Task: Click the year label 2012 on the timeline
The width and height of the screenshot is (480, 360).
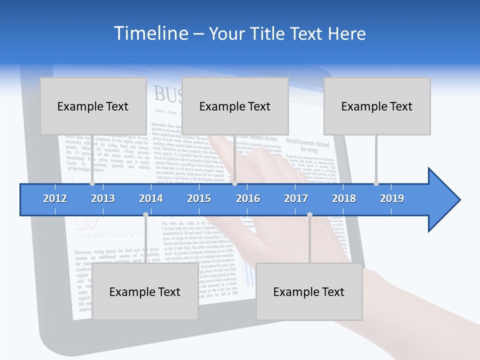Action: (x=55, y=198)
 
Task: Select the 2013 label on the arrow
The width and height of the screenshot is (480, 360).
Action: (x=103, y=198)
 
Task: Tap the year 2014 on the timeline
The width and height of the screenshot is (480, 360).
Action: (x=151, y=198)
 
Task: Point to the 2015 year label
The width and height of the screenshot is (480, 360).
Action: (x=199, y=198)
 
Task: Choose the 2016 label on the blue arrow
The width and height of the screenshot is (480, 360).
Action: (x=248, y=198)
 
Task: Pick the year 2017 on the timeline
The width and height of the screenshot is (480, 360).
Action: (x=296, y=198)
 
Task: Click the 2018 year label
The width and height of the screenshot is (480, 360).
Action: (x=344, y=198)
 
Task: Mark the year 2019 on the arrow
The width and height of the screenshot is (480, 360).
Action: (x=392, y=198)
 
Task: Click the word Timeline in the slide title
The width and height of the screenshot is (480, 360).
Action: (x=149, y=33)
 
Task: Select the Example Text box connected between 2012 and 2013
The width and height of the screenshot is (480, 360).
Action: (x=93, y=106)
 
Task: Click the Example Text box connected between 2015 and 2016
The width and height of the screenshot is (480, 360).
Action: (x=235, y=106)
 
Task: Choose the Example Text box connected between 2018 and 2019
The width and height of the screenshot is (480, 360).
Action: (x=377, y=106)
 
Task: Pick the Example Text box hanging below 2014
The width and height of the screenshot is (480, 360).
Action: (x=145, y=291)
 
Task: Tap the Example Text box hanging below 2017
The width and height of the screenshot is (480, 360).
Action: (x=309, y=291)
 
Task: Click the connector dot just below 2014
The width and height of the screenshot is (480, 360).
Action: (x=145, y=214)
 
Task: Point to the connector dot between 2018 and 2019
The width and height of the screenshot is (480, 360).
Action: (x=376, y=183)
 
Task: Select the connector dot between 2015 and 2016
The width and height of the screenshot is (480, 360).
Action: (x=234, y=183)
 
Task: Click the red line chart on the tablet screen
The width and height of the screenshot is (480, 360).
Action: (x=87, y=227)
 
